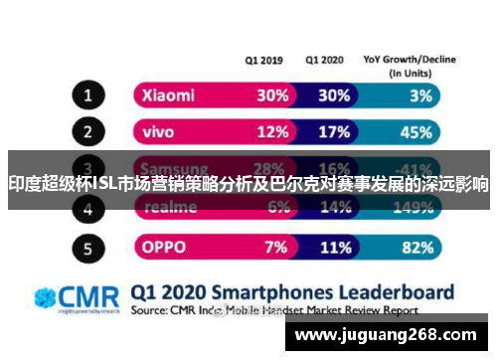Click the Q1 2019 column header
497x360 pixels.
(x=264, y=59)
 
